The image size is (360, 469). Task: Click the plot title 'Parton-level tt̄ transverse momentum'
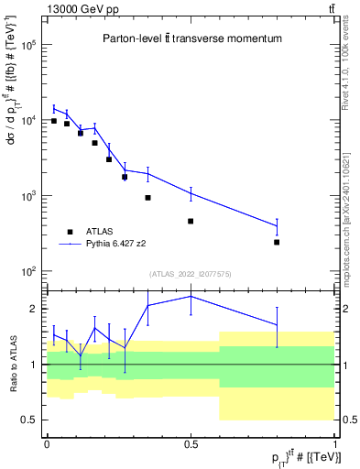point(191,38)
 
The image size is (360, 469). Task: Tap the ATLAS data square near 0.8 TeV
point(277,243)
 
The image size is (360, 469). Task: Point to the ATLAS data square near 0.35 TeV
point(147,198)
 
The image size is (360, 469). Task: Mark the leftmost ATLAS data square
point(54,121)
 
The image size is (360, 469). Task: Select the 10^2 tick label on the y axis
point(27,272)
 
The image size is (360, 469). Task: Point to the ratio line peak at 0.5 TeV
point(191,296)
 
